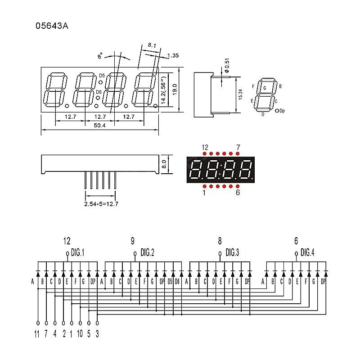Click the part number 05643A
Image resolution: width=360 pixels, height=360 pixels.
52,26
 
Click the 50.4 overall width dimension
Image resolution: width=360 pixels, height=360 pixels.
99,126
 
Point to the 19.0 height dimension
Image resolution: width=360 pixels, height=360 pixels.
175,88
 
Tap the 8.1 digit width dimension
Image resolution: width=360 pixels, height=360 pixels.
152,45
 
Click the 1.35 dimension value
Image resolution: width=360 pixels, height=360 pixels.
173,56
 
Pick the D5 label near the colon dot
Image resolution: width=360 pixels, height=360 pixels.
102,76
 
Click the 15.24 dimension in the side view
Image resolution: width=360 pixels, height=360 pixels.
240,94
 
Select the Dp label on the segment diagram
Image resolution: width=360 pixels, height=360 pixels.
282,111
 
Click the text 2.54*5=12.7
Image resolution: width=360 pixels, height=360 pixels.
101,204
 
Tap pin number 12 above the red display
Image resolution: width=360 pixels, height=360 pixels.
205,147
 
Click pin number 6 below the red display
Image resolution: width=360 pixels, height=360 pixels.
238,193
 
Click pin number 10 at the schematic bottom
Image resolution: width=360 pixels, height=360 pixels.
80,334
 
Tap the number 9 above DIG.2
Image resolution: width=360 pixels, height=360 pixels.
133,241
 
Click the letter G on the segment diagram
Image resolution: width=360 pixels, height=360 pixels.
264,88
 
